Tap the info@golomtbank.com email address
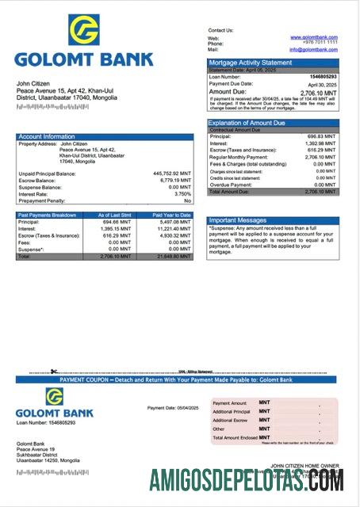pyautogui.click(x=313, y=49)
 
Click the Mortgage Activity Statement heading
pyautogui.click(x=250, y=62)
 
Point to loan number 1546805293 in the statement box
pyautogui.click(x=321, y=76)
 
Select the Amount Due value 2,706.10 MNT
pyautogui.click(x=319, y=92)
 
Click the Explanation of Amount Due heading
pyautogui.click(x=246, y=123)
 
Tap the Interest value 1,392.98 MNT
pyautogui.click(x=320, y=143)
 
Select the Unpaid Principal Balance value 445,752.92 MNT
pyautogui.click(x=172, y=173)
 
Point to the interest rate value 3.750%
pyautogui.click(x=182, y=193)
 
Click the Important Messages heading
pyautogui.click(x=238, y=220)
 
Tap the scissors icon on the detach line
pyautogui.click(x=52, y=372)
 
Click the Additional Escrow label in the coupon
pyautogui.click(x=231, y=420)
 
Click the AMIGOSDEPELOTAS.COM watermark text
pyautogui.click(x=247, y=480)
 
